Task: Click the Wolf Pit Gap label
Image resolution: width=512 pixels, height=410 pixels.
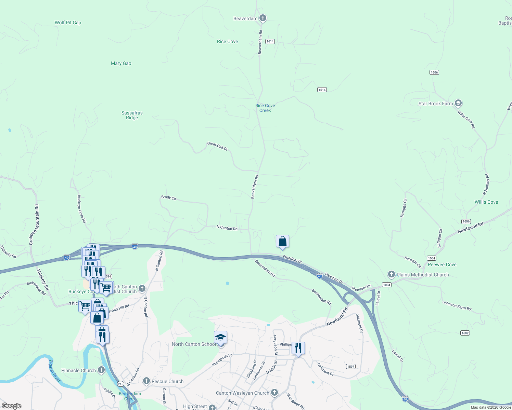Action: coord(68,23)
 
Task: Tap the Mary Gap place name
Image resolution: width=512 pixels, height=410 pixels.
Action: coord(121,63)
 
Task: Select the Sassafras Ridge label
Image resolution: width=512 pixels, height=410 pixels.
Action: coord(132,115)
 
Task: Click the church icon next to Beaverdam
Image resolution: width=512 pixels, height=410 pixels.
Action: coord(263,18)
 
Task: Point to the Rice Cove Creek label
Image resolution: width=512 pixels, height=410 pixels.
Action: coord(265,108)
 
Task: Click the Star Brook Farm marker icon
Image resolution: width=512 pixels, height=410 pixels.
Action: coord(458,103)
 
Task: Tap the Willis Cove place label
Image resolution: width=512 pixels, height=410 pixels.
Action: coord(486,202)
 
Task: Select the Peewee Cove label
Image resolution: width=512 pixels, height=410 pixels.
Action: coord(442,264)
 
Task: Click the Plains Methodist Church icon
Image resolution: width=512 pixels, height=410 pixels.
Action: coord(391,274)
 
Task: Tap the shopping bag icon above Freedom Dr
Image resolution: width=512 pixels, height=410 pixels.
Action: coord(282,242)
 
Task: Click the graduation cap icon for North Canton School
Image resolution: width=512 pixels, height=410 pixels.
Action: coord(220,338)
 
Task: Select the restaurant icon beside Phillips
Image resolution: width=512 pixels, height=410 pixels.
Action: coord(298,348)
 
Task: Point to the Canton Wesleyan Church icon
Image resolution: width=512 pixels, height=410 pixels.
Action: coord(274,393)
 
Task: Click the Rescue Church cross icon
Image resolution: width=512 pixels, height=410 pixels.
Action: coord(146,381)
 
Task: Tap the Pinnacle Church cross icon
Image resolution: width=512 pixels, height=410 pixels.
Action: coord(101,370)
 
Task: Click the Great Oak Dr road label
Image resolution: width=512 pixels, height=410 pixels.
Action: coord(217,146)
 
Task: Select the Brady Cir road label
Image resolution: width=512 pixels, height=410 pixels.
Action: coord(169,197)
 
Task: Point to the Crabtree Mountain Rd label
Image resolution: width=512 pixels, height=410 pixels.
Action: coord(34,225)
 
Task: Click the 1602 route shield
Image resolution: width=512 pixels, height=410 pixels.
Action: coord(465,333)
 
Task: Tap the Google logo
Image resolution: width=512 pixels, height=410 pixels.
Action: coord(12,406)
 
